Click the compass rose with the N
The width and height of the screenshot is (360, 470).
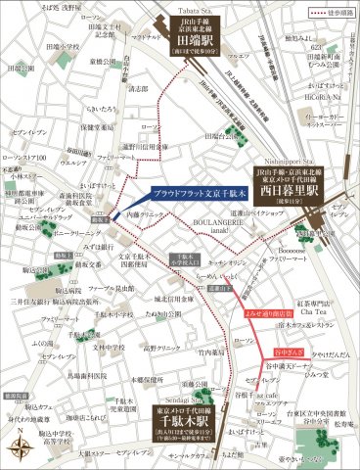coord(21,446)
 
